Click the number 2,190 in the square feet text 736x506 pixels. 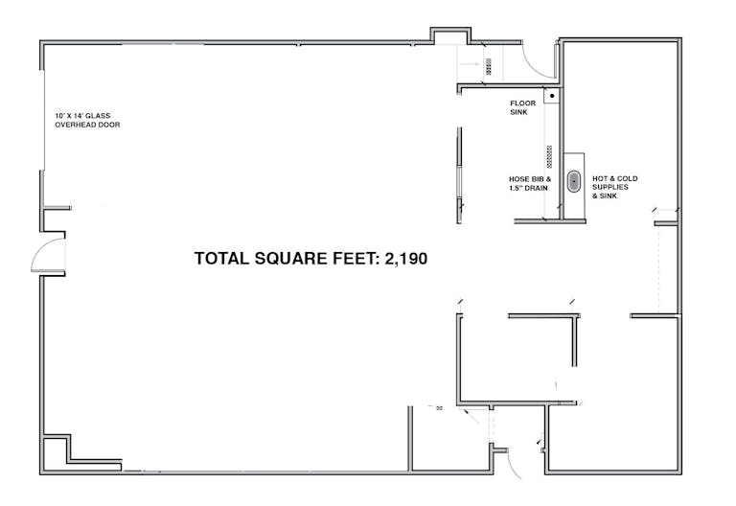coord(406,259)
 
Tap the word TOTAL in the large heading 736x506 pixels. coord(221,259)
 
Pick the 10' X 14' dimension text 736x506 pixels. coord(69,115)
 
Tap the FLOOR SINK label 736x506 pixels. coord(523,107)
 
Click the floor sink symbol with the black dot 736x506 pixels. coord(552,96)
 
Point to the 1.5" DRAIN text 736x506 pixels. coord(529,188)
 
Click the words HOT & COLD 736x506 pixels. coord(615,178)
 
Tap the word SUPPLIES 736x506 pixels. coord(610,187)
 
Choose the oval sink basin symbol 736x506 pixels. coord(574,182)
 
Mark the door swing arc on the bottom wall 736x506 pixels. coord(515,465)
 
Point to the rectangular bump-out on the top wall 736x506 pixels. coord(450,35)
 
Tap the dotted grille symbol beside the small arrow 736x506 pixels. coord(489,67)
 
